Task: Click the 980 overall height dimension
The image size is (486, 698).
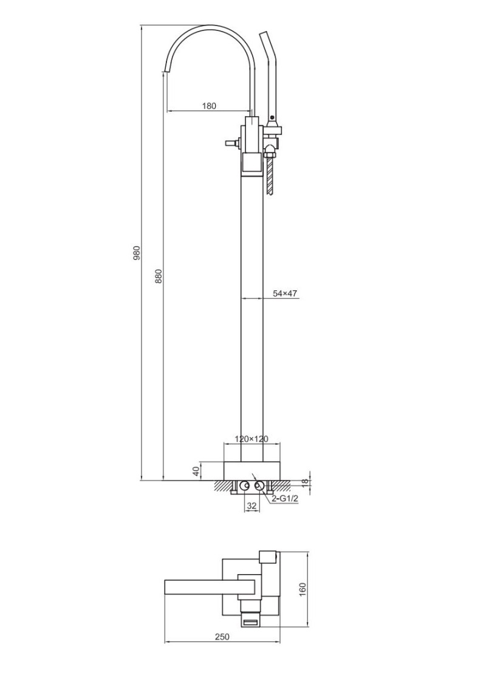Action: pyautogui.click(x=137, y=253)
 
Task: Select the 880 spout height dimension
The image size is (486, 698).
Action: pyautogui.click(x=159, y=276)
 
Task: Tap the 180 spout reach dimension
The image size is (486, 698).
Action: pyautogui.click(x=208, y=106)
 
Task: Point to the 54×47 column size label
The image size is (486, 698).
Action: pyautogui.click(x=285, y=293)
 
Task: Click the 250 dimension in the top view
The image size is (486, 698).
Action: pyautogui.click(x=222, y=637)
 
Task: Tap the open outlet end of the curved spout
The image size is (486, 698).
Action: pyautogui.click(x=165, y=72)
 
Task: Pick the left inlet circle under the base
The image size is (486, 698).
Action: pyautogui.click(x=245, y=485)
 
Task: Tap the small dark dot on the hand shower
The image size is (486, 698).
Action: pyautogui.click(x=273, y=118)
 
